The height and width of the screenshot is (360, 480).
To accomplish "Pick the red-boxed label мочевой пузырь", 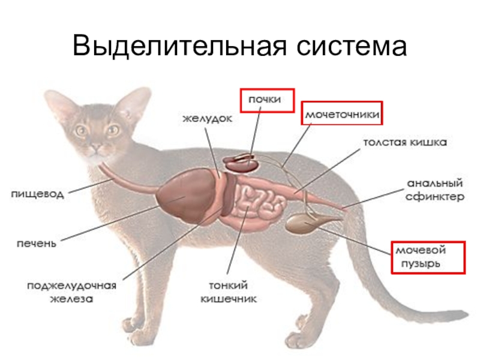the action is tap(427, 256).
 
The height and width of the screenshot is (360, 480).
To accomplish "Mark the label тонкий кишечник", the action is tap(229, 291).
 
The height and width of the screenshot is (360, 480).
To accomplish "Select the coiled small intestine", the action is tap(259, 202).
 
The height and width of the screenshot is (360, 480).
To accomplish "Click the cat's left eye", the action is tap(112, 129).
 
